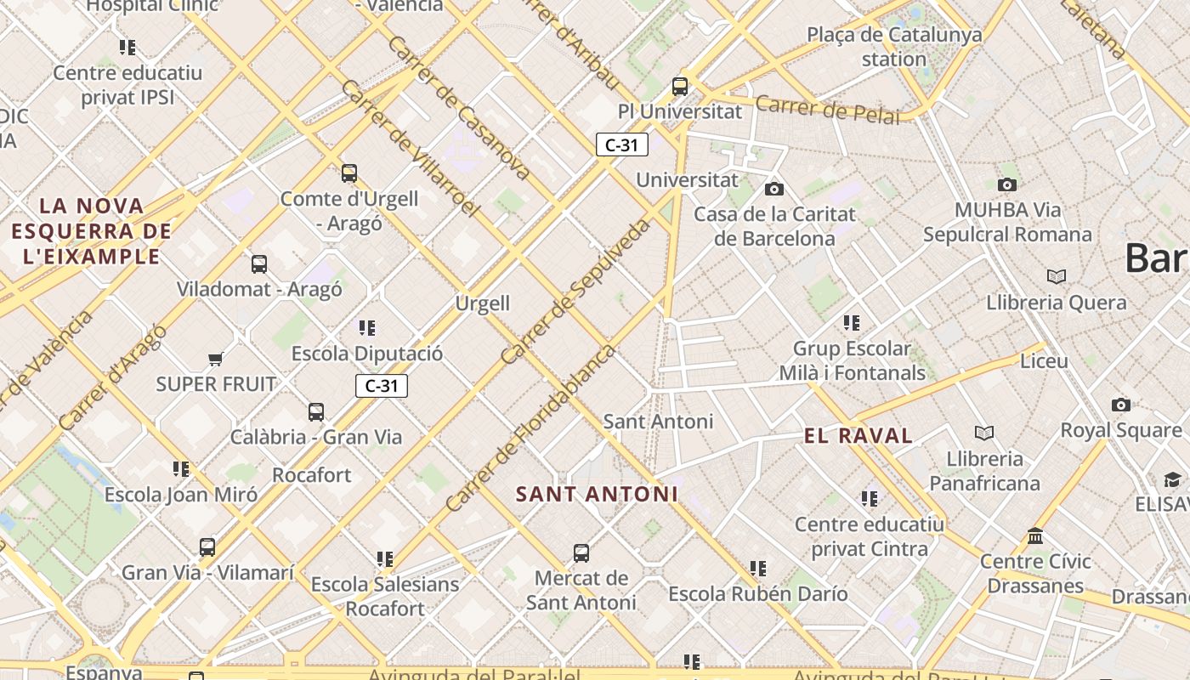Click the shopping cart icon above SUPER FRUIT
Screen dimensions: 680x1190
(215, 360)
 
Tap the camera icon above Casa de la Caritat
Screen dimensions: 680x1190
(773, 189)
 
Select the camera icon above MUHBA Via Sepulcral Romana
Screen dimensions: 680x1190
(1006, 184)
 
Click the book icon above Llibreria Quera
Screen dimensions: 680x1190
(1056, 277)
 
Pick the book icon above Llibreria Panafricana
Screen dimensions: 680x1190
(983, 433)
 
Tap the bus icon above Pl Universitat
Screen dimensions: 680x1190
(679, 86)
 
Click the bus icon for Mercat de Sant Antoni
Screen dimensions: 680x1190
(581, 553)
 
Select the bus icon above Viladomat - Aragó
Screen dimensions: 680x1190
(259, 264)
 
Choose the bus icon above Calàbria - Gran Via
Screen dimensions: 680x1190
(315, 412)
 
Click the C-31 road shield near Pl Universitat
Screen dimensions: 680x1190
(621, 144)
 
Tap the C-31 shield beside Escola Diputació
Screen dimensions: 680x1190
(382, 386)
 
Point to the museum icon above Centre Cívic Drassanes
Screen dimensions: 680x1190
(1034, 536)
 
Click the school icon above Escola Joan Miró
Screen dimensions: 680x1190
(180, 469)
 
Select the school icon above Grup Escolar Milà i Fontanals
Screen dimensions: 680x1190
(851, 323)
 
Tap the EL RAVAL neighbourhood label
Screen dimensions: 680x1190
(858, 436)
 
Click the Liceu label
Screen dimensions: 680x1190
(1044, 361)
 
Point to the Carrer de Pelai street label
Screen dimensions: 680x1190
(827, 110)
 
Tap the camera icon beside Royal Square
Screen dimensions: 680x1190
(1120, 405)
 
